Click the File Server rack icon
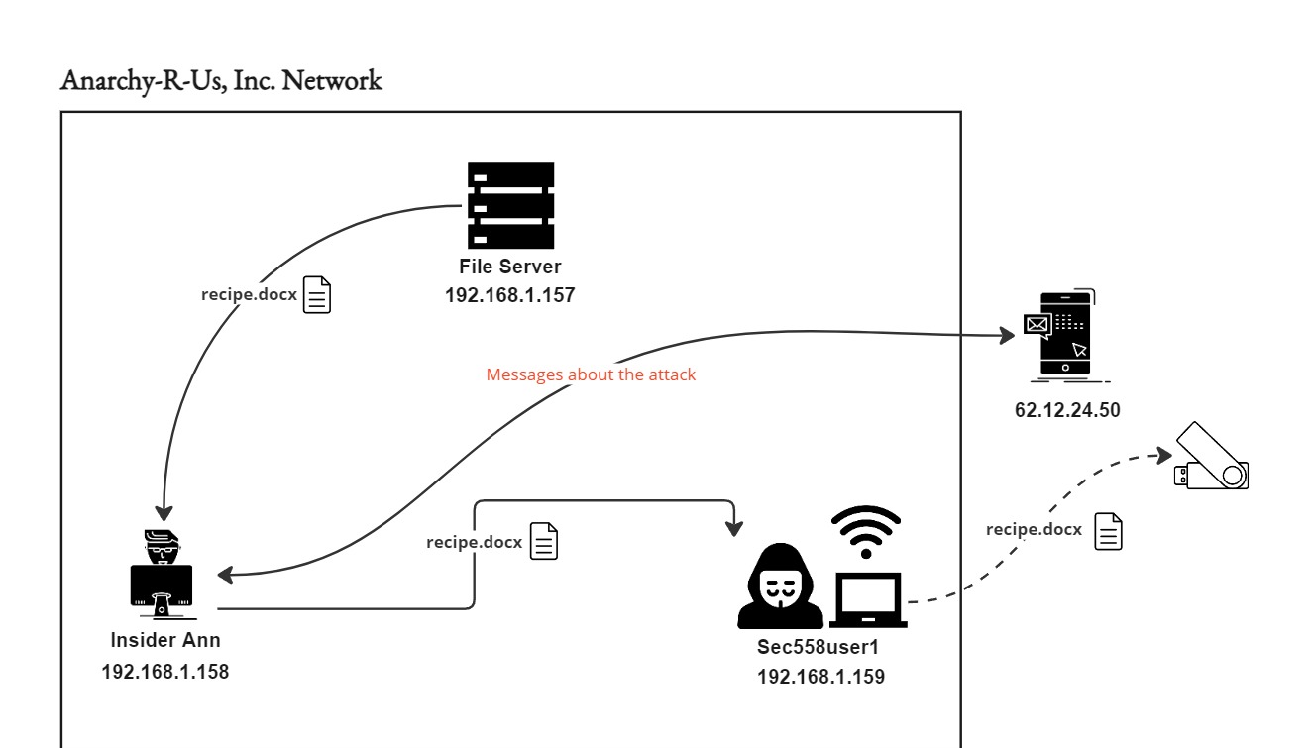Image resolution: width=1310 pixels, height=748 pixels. click(510, 205)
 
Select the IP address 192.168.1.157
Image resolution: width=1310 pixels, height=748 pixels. click(510, 294)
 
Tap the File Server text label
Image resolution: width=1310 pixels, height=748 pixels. click(510, 267)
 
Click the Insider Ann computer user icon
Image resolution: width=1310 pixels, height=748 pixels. click(163, 573)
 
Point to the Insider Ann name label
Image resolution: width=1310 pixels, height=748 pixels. click(165, 640)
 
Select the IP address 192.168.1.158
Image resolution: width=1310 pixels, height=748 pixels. click(165, 671)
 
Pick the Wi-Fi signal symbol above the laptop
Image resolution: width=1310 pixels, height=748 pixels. click(865, 531)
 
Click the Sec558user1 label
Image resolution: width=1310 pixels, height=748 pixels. click(819, 648)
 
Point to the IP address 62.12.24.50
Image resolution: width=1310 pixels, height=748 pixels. click(1067, 408)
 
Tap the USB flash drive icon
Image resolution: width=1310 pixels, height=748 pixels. click(1212, 457)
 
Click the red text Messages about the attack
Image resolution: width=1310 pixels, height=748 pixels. click(591, 375)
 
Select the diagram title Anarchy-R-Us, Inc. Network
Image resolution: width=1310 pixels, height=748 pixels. click(221, 81)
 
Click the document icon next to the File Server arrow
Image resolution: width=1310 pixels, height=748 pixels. click(317, 295)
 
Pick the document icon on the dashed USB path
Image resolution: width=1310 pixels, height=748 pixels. click(1108, 531)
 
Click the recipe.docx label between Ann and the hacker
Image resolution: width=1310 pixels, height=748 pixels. click(474, 542)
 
